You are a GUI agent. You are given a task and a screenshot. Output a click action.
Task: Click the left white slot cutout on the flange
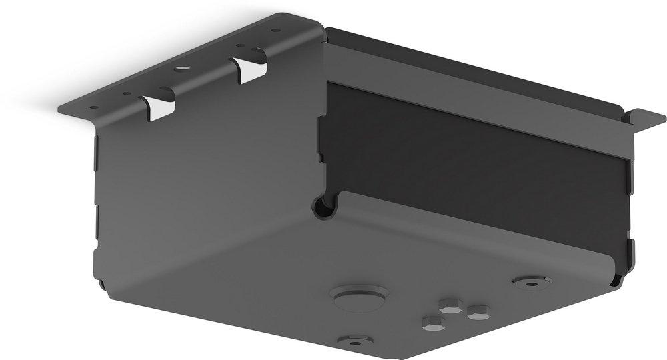click(159, 108)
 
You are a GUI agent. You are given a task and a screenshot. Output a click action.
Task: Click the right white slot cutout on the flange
click(249, 70)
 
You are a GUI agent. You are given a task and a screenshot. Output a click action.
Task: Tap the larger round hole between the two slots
click(179, 69)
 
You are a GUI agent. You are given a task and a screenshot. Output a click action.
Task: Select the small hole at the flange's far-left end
click(93, 107)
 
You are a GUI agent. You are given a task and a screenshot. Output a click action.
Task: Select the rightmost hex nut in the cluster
click(477, 311)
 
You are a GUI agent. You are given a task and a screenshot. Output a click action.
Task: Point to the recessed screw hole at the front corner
click(354, 341)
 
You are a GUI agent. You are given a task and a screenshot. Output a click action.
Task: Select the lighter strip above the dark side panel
click(480, 87)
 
